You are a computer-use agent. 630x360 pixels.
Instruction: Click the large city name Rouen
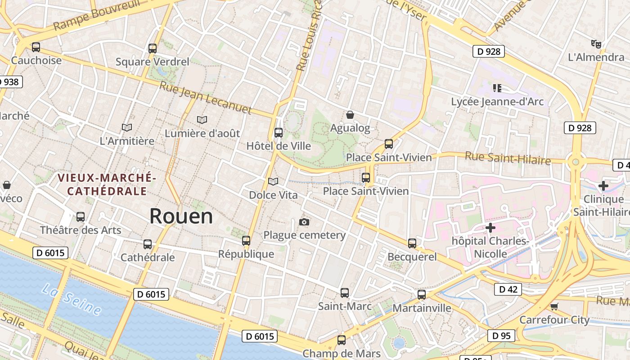pyautogui.click(x=181, y=216)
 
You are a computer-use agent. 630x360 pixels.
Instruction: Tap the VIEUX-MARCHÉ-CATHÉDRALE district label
pyautogui.click(x=107, y=185)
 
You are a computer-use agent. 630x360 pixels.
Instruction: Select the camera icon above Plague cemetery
pyautogui.click(x=304, y=222)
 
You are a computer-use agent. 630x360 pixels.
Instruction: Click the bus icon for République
pyautogui.click(x=246, y=241)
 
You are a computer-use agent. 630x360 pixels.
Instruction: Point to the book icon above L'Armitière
pyautogui.click(x=127, y=128)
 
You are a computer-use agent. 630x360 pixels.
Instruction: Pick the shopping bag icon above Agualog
pyautogui.click(x=350, y=115)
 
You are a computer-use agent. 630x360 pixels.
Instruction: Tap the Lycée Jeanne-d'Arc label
pyautogui.click(x=497, y=102)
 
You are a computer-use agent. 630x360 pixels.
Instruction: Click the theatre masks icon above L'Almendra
pyautogui.click(x=596, y=44)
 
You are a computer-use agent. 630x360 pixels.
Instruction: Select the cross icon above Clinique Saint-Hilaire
pyautogui.click(x=603, y=185)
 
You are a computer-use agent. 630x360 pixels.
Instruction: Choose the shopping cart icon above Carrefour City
pyautogui.click(x=554, y=307)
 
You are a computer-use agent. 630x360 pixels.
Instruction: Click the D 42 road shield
pyautogui.click(x=508, y=289)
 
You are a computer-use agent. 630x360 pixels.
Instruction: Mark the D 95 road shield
pyautogui.click(x=501, y=336)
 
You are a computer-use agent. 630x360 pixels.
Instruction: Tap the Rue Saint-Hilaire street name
pyautogui.click(x=508, y=158)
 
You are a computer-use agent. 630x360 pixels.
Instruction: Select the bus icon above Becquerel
pyautogui.click(x=412, y=243)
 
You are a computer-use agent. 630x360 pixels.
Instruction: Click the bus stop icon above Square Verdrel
pyautogui.click(x=153, y=49)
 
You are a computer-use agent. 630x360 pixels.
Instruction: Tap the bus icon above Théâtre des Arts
pyautogui.click(x=81, y=217)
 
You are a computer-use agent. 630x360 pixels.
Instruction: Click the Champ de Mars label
pyautogui.click(x=342, y=353)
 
